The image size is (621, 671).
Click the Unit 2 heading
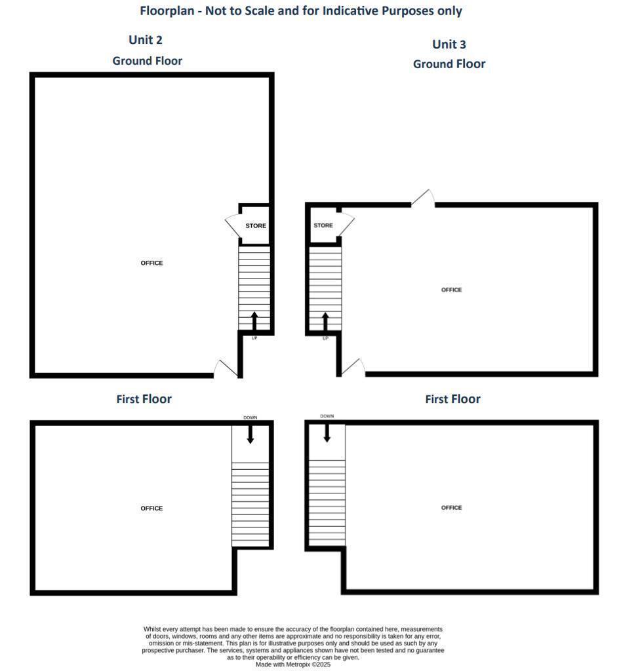tap(146, 40)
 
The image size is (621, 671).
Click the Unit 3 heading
tap(449, 45)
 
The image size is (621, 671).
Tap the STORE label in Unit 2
tap(256, 226)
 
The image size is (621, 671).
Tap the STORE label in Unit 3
tap(323, 225)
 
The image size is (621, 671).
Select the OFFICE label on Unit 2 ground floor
tap(151, 263)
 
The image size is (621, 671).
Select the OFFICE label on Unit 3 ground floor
tap(451, 290)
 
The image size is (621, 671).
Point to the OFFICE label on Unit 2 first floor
tap(151, 508)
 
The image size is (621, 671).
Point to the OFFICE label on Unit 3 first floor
tap(451, 508)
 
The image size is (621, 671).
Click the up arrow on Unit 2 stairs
tap(254, 321)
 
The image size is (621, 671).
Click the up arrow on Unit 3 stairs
tap(325, 321)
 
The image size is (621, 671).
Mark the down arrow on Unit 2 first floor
tap(250, 434)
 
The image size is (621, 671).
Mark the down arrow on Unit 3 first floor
tap(327, 432)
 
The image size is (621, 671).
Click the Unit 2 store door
tap(233, 226)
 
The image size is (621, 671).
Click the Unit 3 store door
tap(347, 225)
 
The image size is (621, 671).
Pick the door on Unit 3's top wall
tap(424, 199)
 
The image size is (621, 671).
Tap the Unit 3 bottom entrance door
tap(353, 368)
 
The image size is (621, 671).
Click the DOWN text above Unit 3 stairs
tap(327, 416)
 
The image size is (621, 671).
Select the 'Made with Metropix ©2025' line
tap(293, 664)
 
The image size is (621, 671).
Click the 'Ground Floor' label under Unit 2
tap(147, 61)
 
